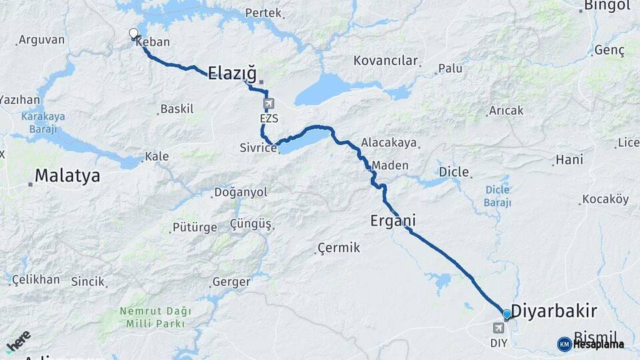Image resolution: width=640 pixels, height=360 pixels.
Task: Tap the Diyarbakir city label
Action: tap(559, 311)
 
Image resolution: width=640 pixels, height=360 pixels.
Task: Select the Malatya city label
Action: tap(67, 176)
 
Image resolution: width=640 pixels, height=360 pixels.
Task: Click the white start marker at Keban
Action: tap(133, 33)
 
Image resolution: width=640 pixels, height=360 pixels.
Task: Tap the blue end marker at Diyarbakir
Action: tap(507, 314)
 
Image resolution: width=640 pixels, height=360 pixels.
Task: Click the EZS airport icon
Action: tap(268, 104)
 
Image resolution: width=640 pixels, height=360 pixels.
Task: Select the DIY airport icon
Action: tap(499, 328)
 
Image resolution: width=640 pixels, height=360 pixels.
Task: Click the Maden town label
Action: tap(390, 165)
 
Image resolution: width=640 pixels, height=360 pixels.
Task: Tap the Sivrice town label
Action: tap(258, 148)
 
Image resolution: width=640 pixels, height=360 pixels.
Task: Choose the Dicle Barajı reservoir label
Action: tap(498, 197)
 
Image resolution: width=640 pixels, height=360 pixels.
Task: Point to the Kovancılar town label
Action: tap(385, 61)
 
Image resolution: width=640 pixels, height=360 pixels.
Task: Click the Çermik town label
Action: tap(339, 248)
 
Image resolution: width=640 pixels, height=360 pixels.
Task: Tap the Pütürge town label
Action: tap(195, 227)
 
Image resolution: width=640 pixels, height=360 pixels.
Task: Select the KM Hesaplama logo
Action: tap(591, 344)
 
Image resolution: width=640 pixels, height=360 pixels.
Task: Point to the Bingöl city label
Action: tap(607, 6)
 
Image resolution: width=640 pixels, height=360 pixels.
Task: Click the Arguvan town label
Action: tap(41, 40)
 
